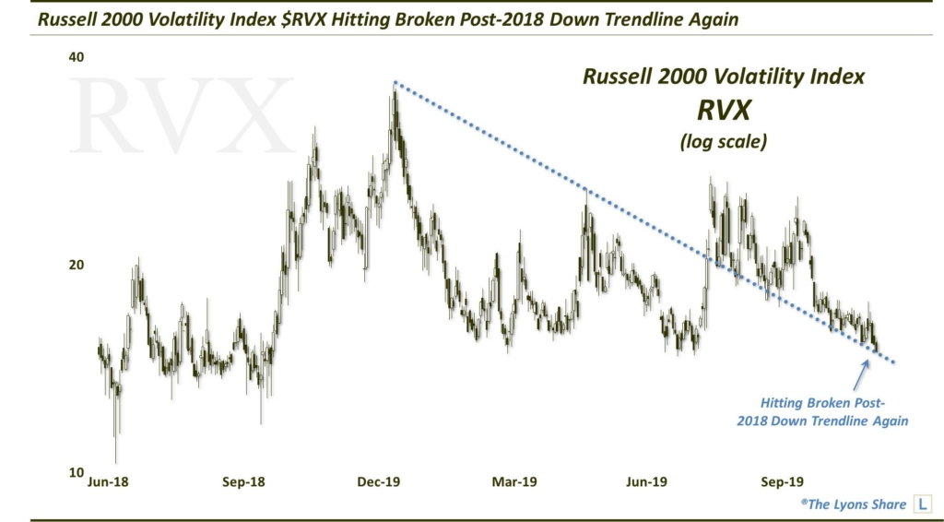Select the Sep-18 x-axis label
coord(244,481)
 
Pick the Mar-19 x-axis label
coord(514,481)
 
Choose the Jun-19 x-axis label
coord(645,481)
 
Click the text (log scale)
coord(724,143)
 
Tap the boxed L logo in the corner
coord(919,504)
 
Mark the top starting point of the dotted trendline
coord(395,82)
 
